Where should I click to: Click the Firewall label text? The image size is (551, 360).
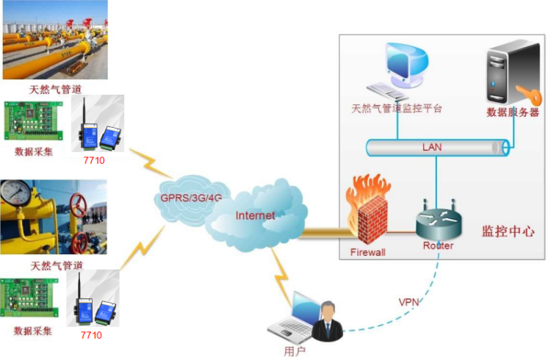pos(368,251)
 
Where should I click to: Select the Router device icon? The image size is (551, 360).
pos(437,221)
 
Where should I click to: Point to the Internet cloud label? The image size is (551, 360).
pos(255,215)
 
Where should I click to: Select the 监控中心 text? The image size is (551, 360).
pos(508,231)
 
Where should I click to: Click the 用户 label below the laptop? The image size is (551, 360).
pos(295,351)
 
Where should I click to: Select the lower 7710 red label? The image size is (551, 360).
pos(91,335)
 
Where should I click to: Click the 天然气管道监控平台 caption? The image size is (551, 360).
pos(397,108)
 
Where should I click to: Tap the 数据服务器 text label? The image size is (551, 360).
pos(513,112)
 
